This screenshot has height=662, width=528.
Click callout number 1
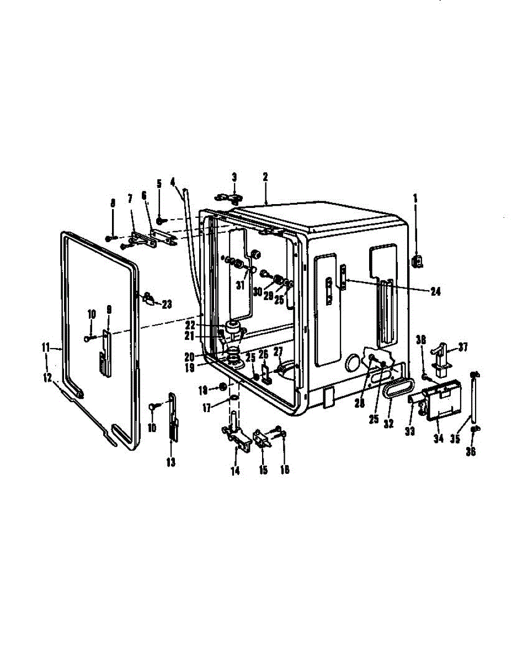(x=415, y=196)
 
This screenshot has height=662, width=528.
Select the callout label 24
(x=436, y=292)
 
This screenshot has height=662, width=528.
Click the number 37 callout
(x=462, y=347)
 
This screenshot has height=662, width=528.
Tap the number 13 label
(x=171, y=462)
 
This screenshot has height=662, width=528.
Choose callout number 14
(x=236, y=470)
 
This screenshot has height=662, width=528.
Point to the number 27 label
(x=278, y=351)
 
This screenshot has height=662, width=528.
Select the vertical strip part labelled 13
(x=173, y=419)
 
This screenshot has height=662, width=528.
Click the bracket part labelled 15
(x=262, y=440)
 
